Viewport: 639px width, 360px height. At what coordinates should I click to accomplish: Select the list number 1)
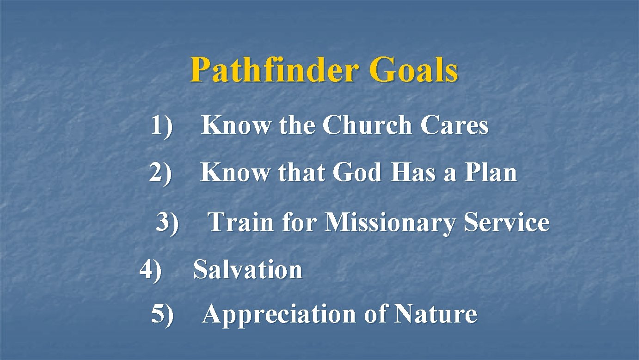[161, 126]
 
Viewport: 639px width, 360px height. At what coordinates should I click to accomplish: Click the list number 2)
[160, 174]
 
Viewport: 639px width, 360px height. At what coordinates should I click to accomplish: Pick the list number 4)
[151, 270]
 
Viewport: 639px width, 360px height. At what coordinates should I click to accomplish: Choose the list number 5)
[162, 315]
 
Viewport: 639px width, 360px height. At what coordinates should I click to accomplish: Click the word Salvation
[248, 270]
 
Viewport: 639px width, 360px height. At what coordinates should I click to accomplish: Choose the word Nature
[436, 315]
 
